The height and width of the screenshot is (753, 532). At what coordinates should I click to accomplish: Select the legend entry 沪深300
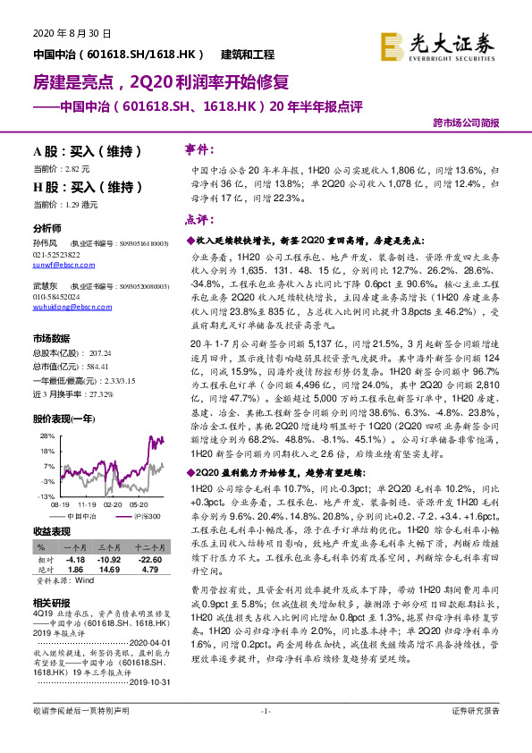pyautogui.click(x=147, y=516)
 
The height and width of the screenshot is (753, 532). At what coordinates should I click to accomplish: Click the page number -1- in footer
pyautogui.click(x=265, y=735)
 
